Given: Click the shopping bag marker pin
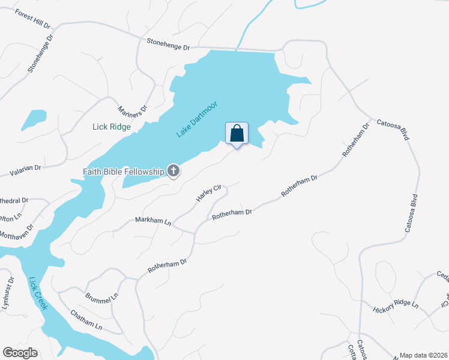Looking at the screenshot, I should point(237,134).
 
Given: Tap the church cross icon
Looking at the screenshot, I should point(173,172).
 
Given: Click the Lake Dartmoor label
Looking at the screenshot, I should point(196,119).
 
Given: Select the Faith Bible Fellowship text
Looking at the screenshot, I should point(123,172).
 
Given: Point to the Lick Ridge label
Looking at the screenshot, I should point(111,127).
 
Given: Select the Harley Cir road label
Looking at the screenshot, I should point(209,193).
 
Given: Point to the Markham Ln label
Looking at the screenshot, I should point(153,221).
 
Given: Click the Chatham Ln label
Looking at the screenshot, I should point(86,319).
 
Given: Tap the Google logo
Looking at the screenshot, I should point(20,353).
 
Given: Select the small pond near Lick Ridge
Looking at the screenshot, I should point(34,119).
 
